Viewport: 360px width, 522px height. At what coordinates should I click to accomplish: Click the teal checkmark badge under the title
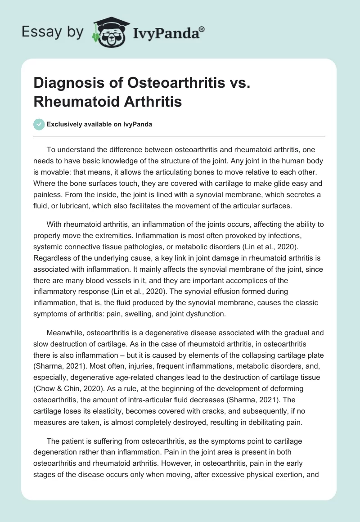[x=39, y=124]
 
